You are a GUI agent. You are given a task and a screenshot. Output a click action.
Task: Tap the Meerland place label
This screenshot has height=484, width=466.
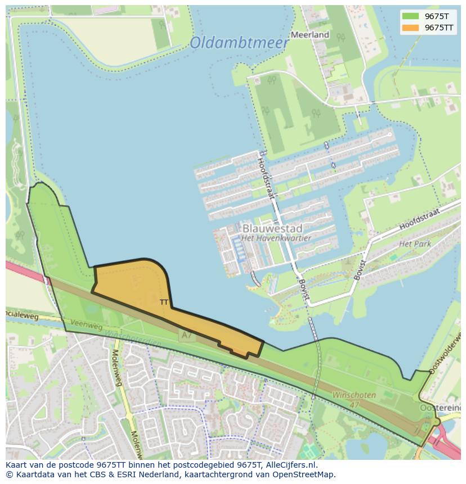pos(310,35)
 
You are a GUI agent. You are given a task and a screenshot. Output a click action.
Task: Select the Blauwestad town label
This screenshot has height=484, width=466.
pos(272,229)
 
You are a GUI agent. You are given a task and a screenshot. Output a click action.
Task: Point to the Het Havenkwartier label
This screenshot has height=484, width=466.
pos(276,238)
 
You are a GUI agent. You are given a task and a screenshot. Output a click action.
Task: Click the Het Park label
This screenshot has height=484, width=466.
pos(414,244)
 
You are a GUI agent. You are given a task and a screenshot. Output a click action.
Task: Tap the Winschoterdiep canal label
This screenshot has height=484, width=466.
pos(133,338)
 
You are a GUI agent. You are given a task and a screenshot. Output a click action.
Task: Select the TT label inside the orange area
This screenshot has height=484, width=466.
pos(164,302)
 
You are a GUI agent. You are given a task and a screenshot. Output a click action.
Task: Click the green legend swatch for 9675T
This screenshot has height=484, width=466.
pos(411,16)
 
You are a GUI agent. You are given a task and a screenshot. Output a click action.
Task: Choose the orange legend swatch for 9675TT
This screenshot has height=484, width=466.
pos(411,28)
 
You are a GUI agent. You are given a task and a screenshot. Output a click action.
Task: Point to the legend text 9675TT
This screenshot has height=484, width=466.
pos(439,28)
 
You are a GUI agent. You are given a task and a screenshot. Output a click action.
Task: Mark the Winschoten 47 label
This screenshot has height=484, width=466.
pos(353,400)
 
